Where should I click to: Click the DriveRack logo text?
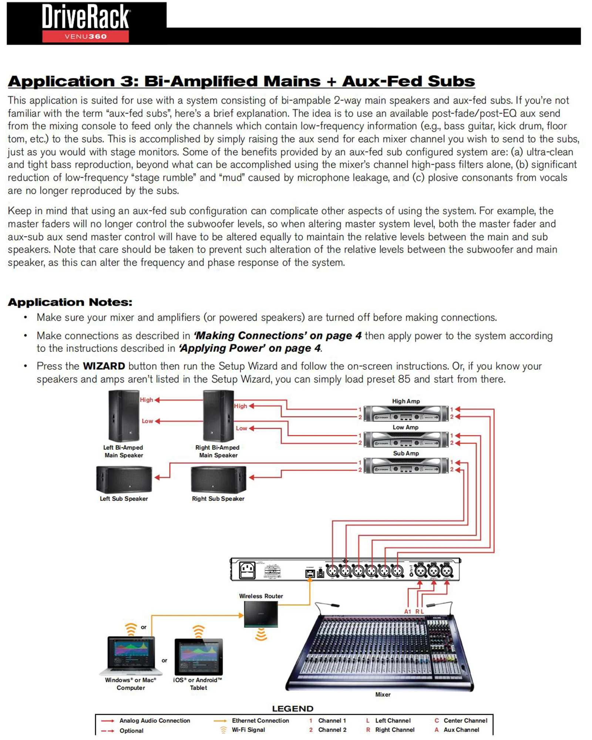[85, 17]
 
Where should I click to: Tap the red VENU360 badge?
[85, 36]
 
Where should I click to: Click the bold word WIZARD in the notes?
[104, 366]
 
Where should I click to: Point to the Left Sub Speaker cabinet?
[124, 479]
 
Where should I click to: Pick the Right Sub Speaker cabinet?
[218, 479]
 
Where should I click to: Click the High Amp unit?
[406, 413]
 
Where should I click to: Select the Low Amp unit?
[406, 439]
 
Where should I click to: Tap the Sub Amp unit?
[406, 465]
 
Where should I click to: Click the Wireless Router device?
[261, 614]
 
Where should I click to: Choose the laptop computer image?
[131, 655]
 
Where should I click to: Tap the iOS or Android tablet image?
[199, 656]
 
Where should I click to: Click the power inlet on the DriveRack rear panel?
[247, 570]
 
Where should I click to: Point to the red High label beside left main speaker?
[146, 400]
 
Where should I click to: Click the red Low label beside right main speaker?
[241, 428]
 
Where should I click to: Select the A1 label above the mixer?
[407, 612]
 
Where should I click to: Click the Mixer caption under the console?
[383, 694]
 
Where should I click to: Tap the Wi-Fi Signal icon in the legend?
[223, 730]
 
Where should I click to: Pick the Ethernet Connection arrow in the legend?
[221, 721]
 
